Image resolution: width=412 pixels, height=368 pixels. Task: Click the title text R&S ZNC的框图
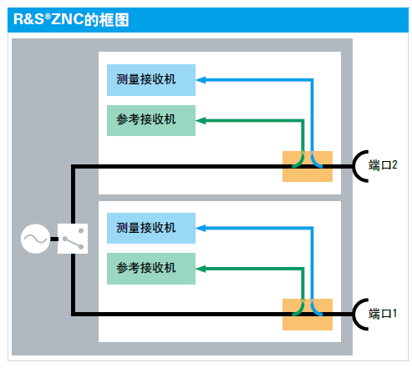[71, 19]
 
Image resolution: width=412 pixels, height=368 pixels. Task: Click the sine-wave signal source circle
[35, 239]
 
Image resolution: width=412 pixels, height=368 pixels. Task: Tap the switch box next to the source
[73, 239]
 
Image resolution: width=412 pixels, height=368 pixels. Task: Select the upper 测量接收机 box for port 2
[151, 80]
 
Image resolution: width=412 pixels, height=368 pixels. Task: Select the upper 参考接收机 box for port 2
[151, 120]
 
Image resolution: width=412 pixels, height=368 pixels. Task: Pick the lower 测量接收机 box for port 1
[151, 228]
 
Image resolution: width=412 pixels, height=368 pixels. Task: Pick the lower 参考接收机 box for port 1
[151, 269]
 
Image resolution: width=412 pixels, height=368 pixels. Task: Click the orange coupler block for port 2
[308, 166]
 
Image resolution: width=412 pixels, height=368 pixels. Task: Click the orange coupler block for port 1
[308, 315]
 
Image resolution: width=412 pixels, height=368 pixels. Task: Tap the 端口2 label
[383, 165]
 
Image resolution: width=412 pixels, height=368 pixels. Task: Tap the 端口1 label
[383, 314]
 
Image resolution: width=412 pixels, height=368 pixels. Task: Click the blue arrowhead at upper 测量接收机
[201, 80]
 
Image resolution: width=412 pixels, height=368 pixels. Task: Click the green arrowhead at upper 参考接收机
[201, 121]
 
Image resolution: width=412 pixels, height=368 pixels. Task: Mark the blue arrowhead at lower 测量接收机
[201, 229]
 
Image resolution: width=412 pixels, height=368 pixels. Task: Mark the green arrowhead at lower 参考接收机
[201, 269]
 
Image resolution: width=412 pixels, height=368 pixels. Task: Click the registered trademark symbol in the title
[48, 17]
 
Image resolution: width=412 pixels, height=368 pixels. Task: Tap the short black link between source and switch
[54, 239]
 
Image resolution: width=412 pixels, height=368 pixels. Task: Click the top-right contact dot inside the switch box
[81, 230]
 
